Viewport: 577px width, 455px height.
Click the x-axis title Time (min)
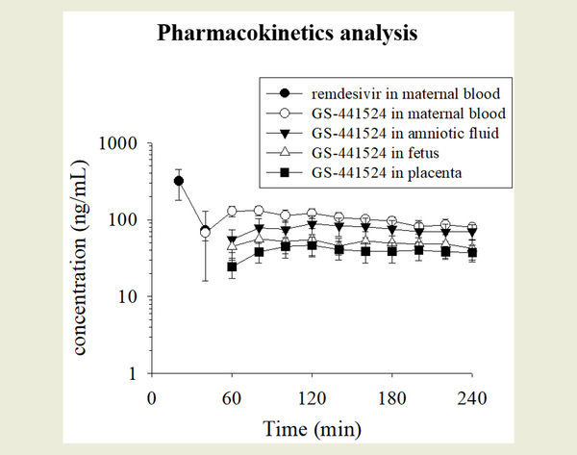(x=312, y=424)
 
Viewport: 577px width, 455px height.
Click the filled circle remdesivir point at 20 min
(x=178, y=181)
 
